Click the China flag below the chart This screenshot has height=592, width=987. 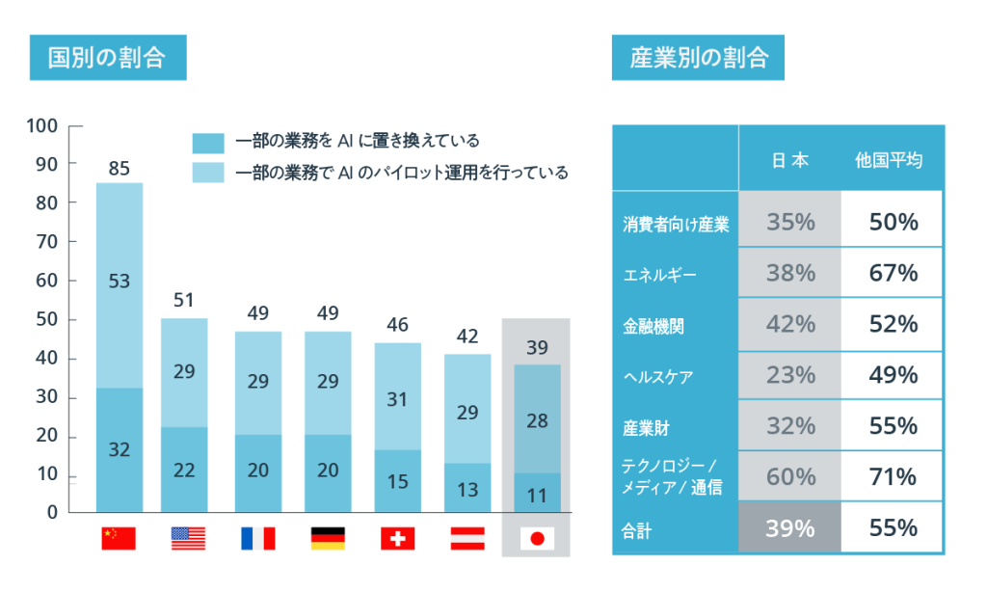pos(119,538)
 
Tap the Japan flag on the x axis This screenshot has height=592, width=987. pos(536,538)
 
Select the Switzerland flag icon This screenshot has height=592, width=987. pos(397,538)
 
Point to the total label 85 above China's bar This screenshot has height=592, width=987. pos(119,169)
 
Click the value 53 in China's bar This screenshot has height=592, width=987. pos(119,282)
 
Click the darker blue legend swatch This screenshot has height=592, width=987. pos(208,143)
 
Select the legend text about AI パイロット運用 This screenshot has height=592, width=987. pos(401,173)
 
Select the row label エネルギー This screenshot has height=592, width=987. pos(659,275)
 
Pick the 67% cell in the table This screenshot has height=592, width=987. pos(892,273)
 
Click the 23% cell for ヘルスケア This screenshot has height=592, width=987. pos(790,375)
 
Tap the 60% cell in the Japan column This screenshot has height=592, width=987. pos(790,476)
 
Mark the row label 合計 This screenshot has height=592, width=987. pos(637,528)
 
